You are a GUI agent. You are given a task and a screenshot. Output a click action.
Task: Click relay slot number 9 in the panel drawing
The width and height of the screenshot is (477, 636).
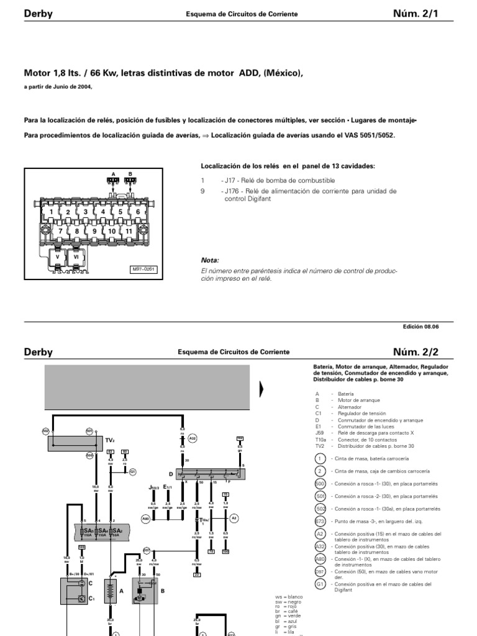pos(94,231)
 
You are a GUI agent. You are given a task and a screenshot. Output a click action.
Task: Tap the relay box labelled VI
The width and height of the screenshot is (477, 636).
pos(76,256)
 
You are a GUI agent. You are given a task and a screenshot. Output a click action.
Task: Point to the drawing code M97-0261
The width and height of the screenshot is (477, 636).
pos(142,270)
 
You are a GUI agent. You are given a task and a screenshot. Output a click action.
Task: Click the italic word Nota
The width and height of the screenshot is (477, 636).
pos(210,260)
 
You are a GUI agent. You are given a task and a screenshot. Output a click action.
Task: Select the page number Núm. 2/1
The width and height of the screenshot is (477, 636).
pos(423,13)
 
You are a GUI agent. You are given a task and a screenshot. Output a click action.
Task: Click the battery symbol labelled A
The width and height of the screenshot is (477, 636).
pos(111,591)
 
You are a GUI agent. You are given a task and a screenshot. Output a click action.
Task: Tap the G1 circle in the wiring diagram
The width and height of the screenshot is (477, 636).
pos(132,471)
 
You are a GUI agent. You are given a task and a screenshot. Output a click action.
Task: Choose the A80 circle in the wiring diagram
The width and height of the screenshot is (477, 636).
pos(146,517)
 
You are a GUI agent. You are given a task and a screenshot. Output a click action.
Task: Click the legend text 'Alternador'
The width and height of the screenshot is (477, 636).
pos(350,407)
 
